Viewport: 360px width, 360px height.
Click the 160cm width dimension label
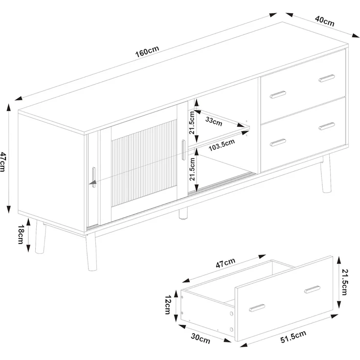(x=147, y=52)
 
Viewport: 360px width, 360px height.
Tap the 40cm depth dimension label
(x=324, y=21)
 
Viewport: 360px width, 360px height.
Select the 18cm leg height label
(x=21, y=234)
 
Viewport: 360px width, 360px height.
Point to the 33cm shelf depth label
(x=214, y=121)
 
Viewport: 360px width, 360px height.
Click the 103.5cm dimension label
(x=222, y=145)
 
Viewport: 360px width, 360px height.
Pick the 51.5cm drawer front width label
(x=293, y=337)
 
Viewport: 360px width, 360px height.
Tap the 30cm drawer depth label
(x=201, y=338)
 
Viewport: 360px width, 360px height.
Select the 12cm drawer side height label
(x=168, y=305)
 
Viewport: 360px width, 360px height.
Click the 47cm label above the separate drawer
(x=225, y=263)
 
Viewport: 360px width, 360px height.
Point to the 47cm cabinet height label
(x=3, y=161)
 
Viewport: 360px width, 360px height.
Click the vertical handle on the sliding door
(x=183, y=150)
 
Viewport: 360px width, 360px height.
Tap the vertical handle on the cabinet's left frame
(x=94, y=177)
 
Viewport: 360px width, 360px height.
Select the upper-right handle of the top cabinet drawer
(x=327, y=78)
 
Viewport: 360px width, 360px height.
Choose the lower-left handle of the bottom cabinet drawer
(x=278, y=142)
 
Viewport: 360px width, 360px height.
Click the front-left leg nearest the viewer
(x=91, y=251)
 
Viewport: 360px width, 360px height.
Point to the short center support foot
(x=183, y=213)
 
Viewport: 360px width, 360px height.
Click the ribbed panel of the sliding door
(x=144, y=163)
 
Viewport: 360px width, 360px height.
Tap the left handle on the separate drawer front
(x=257, y=308)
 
